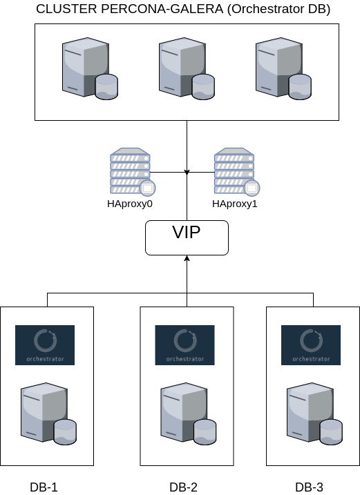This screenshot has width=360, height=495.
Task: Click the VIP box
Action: tap(187, 237)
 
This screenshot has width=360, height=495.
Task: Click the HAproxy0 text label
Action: tap(129, 205)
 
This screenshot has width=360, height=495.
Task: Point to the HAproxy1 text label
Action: tap(235, 205)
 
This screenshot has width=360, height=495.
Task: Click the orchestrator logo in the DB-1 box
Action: tap(45, 344)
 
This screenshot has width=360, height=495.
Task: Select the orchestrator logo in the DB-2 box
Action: tap(184, 344)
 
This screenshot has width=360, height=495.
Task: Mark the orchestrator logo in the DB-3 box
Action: tap(310, 344)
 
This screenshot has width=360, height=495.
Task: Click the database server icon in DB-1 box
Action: tap(48, 415)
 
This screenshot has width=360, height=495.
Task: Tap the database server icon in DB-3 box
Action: tap(313, 415)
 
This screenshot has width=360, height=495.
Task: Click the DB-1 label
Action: tap(44, 487)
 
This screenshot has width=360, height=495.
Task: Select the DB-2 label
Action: tap(183, 487)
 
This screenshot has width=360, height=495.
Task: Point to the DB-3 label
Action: tap(309, 487)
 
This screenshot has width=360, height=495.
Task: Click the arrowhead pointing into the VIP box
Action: tap(187, 259)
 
